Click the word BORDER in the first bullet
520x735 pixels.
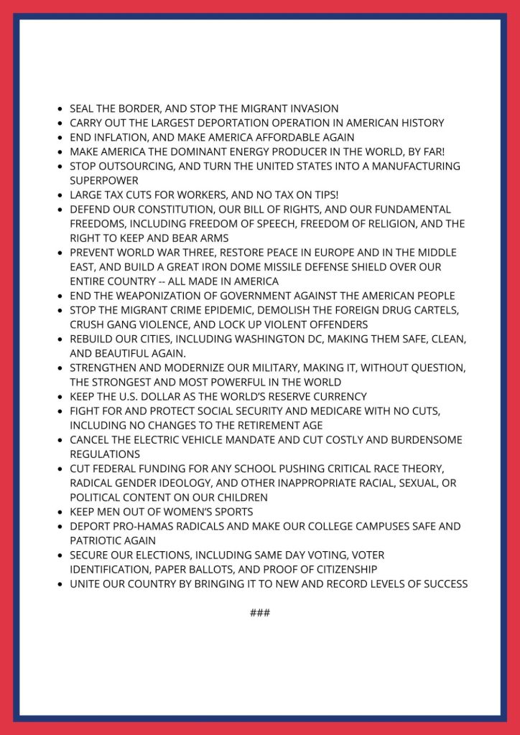click(138, 108)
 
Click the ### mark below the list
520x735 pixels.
click(260, 613)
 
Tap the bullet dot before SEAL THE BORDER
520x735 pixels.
click(60, 109)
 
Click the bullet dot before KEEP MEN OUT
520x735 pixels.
click(60, 512)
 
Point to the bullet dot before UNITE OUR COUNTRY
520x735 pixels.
click(60, 584)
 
